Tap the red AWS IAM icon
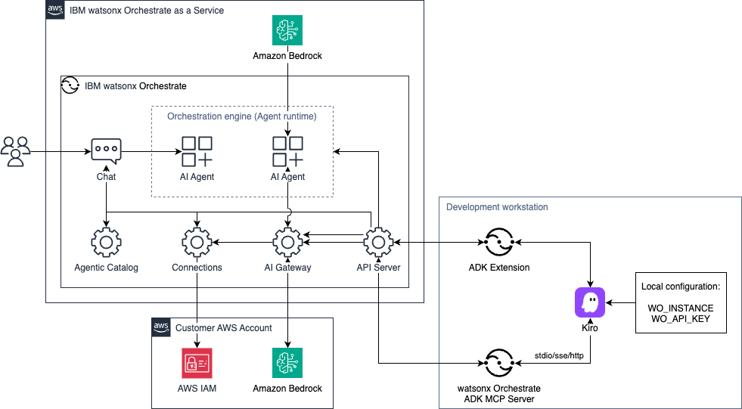click(x=197, y=363)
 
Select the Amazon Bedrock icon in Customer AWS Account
click(x=287, y=363)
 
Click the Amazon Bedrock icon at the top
click(x=287, y=31)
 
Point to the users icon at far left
click(x=16, y=151)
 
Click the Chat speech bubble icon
click(x=106, y=152)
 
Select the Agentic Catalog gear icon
click(x=106, y=243)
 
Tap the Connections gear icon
click(x=197, y=243)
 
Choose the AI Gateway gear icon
click(x=287, y=243)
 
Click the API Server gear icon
click(x=378, y=243)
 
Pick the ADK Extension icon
click(x=499, y=243)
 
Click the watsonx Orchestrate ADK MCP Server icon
click(x=499, y=364)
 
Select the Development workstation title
click(x=497, y=207)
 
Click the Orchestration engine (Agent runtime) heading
click(x=241, y=116)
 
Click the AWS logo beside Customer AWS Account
click(x=160, y=327)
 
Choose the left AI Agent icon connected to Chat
click(x=197, y=152)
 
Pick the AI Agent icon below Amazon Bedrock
click(x=287, y=152)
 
